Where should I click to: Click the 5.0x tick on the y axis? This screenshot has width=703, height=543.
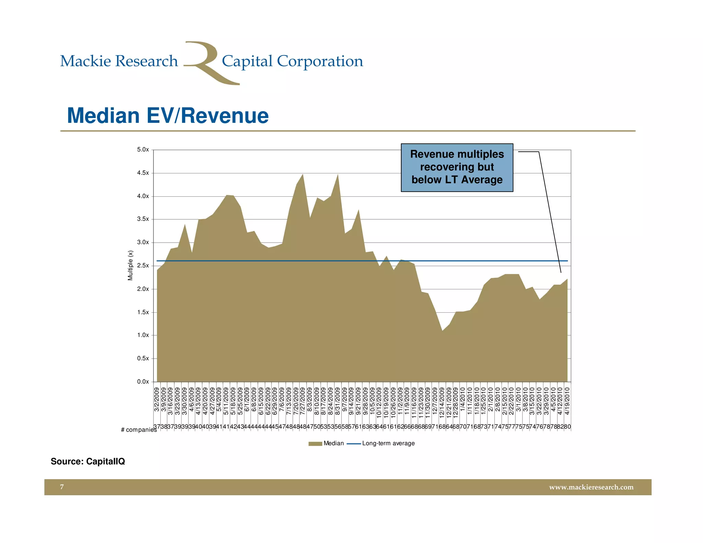[x=143, y=150]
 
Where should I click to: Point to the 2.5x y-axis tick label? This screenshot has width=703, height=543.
[x=143, y=266]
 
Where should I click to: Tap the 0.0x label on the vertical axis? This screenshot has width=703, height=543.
[x=143, y=382]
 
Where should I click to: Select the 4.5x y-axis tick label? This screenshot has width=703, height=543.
[x=143, y=173]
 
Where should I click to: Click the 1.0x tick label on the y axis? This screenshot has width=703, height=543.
[x=143, y=335]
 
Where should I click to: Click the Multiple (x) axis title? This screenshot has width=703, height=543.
[x=130, y=265]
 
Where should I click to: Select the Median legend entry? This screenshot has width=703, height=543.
[x=326, y=443]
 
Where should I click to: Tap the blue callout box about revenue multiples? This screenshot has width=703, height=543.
[x=457, y=167]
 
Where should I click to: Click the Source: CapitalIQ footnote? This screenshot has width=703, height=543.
[x=88, y=461]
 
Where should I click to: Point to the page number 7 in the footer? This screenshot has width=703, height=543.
[x=62, y=487]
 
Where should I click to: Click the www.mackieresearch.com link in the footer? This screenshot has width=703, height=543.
[x=591, y=487]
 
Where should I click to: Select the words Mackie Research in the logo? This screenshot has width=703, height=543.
[x=119, y=61]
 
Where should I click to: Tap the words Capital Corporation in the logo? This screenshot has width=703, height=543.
[x=292, y=61]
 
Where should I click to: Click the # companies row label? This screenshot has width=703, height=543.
[x=138, y=430]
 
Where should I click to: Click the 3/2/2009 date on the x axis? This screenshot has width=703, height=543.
[x=157, y=400]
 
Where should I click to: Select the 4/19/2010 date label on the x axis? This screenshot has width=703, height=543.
[x=567, y=401]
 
